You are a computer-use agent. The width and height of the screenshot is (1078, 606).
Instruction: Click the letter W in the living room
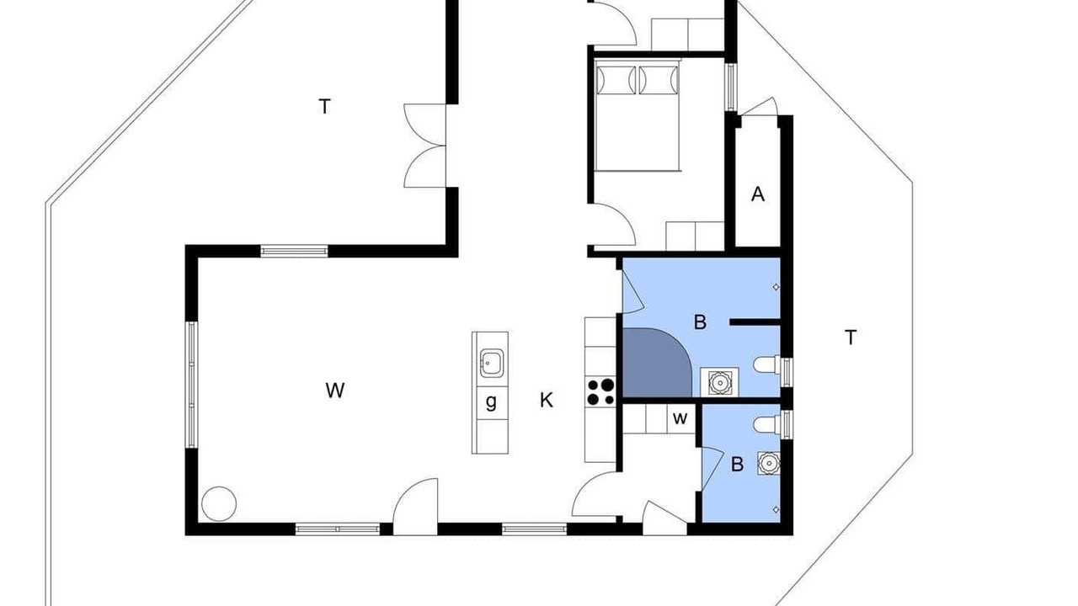pyautogui.click(x=335, y=390)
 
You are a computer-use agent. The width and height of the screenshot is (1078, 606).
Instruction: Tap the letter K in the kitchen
pyautogui.click(x=547, y=400)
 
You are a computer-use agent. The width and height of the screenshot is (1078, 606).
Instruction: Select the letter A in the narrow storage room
pyautogui.click(x=758, y=194)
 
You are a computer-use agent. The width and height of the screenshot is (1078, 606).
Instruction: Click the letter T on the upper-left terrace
pyautogui.click(x=325, y=106)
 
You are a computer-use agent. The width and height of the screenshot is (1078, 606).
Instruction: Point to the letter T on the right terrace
pyautogui.click(x=851, y=338)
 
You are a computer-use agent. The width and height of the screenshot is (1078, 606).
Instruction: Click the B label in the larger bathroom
pyautogui.click(x=700, y=322)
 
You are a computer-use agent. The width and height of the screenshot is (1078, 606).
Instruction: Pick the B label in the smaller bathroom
pyautogui.click(x=737, y=464)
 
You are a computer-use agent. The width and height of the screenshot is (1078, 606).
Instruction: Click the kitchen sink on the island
pyautogui.click(x=491, y=363)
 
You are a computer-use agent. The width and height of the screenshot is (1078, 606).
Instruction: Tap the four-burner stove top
pyautogui.click(x=600, y=392)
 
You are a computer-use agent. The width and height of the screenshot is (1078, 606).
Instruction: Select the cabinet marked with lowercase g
pyautogui.click(x=490, y=402)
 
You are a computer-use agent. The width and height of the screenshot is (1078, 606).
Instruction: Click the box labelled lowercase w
pyautogui.click(x=680, y=418)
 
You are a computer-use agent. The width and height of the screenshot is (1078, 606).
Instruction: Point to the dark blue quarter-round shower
pyautogui.click(x=657, y=363)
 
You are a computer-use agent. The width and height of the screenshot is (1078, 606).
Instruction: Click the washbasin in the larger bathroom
pyautogui.click(x=719, y=382)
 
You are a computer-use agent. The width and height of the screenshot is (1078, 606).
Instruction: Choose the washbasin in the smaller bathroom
pyautogui.click(x=769, y=463)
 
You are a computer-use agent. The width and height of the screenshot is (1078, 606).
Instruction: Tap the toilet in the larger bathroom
pyautogui.click(x=767, y=364)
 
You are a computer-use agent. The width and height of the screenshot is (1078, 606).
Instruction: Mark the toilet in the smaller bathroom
pyautogui.click(x=767, y=425)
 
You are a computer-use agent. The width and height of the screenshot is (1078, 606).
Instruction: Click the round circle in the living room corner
pyautogui.click(x=219, y=503)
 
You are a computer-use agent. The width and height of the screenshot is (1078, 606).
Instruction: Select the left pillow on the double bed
pyautogui.click(x=616, y=80)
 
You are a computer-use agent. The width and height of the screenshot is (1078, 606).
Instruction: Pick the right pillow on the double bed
pyautogui.click(x=659, y=80)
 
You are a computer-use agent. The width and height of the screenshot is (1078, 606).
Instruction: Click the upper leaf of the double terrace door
pyautogui.click(x=425, y=124)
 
